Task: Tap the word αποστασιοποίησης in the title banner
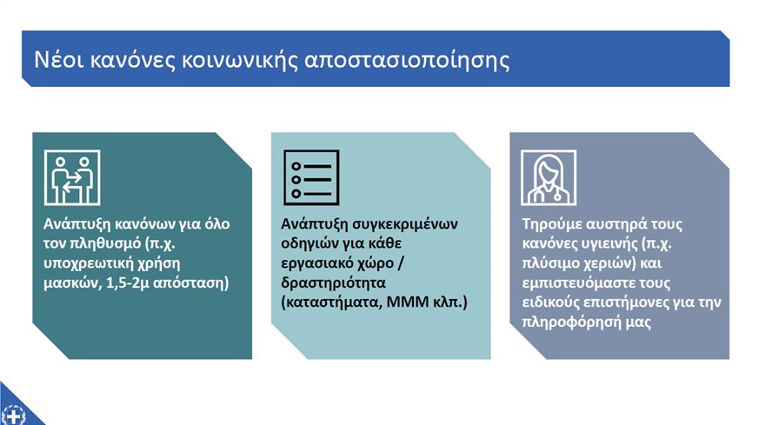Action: point(407,62)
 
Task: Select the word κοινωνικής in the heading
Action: point(239,62)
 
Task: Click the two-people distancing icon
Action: point(72,177)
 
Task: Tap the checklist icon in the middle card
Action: point(311,177)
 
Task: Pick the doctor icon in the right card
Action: point(549,177)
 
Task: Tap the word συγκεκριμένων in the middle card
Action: point(405,224)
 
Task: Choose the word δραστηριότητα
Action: point(333,283)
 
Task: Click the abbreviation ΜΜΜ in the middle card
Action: point(408,302)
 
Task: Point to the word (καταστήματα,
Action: point(331,302)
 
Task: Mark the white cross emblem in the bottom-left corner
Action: point(13,416)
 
